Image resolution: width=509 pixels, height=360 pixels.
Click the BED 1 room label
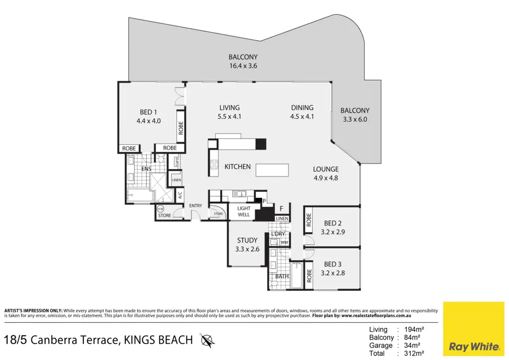click(148, 112)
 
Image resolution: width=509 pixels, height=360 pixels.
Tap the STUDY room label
click(247, 240)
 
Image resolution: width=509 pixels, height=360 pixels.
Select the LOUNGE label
click(326, 169)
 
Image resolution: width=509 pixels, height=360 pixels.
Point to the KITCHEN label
click(238, 167)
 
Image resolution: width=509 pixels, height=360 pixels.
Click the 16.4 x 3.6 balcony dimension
click(243, 66)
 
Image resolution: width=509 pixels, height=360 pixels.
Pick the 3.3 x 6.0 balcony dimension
click(355, 119)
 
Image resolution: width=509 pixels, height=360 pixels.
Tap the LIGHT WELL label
click(244, 211)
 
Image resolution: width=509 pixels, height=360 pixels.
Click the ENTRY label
click(195, 205)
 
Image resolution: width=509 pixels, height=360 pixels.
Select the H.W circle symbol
click(161, 209)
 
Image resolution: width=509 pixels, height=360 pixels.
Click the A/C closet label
click(180, 195)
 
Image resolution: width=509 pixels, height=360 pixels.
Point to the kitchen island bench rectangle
click(272, 170)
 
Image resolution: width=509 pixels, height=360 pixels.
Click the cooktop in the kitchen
click(214, 165)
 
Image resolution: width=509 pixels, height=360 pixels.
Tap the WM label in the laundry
click(284, 243)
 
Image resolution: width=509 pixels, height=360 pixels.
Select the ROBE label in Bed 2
click(309, 220)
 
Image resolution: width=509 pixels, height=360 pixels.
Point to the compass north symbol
click(207, 341)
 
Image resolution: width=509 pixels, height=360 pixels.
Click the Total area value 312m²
click(414, 353)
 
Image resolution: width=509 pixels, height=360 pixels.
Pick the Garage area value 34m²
click(412, 346)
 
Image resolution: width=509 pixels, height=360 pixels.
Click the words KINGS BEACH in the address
click(159, 340)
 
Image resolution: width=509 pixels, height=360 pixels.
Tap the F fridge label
click(281, 209)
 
